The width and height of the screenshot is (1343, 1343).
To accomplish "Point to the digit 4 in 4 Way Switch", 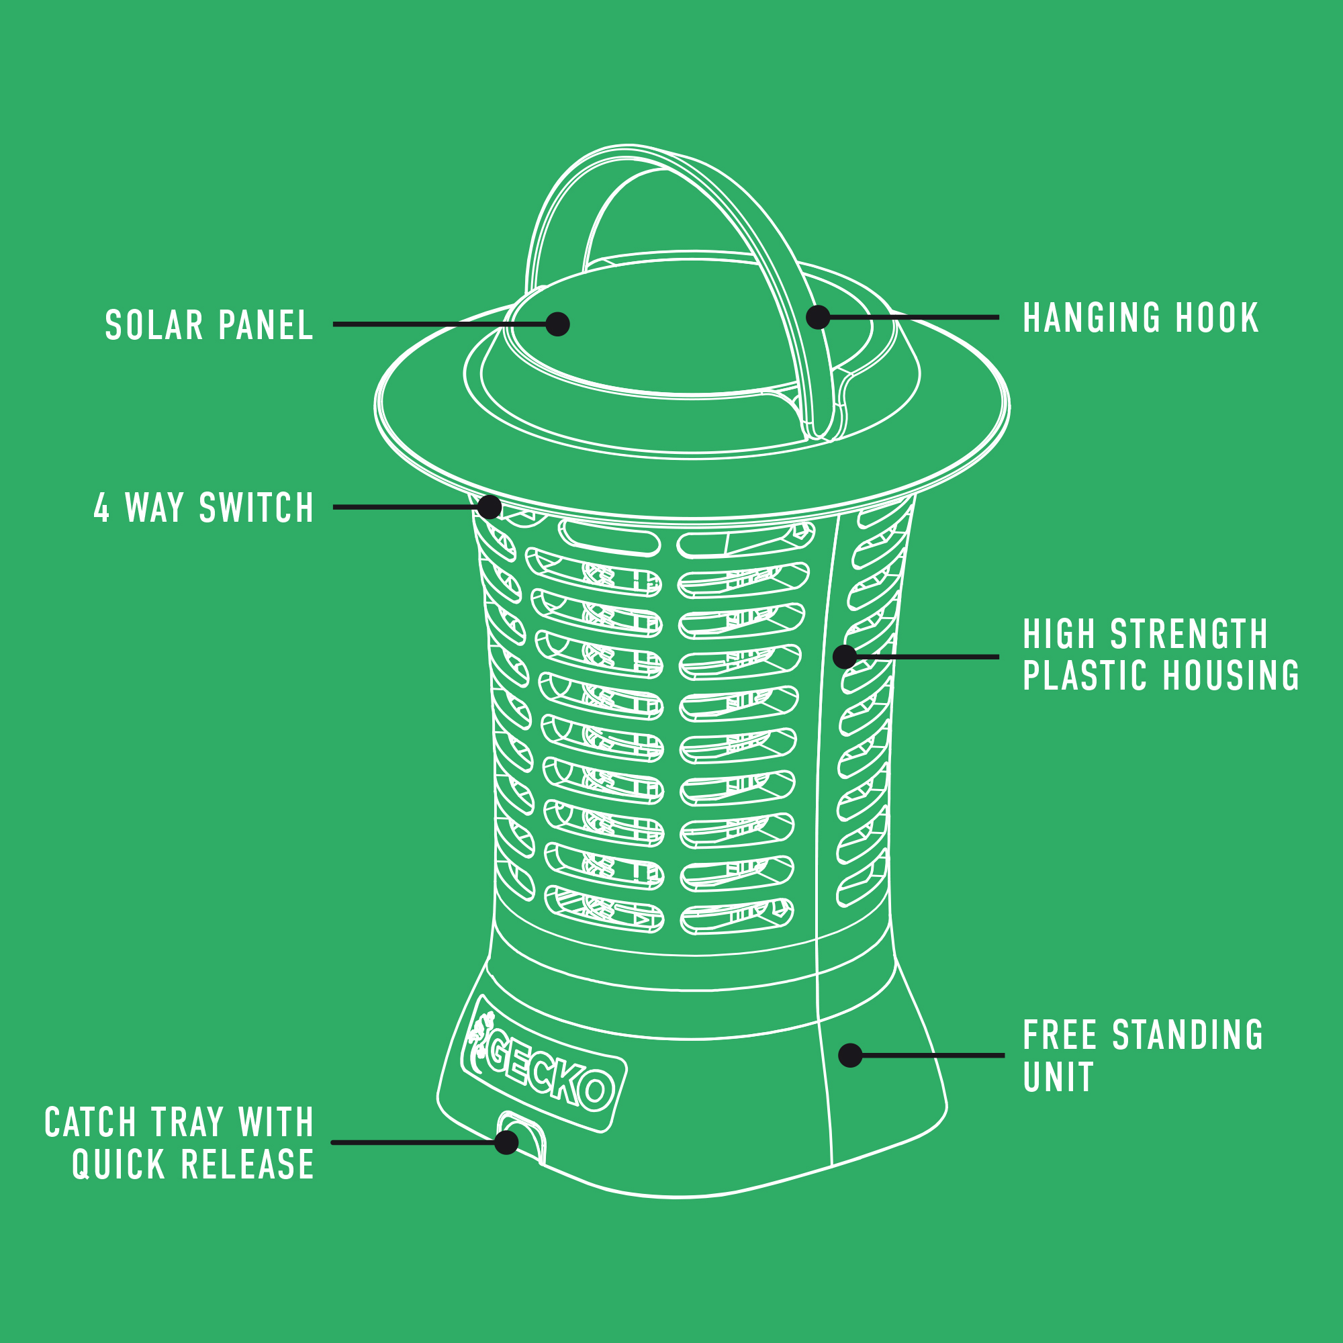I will [101, 508].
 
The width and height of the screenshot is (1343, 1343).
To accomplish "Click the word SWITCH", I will [257, 508].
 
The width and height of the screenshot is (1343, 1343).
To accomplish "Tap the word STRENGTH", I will [1189, 635].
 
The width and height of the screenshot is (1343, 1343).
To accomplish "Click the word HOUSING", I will [1231, 676].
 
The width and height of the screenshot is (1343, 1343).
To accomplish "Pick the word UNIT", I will [1058, 1078].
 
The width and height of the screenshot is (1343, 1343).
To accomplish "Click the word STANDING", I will [1188, 1035].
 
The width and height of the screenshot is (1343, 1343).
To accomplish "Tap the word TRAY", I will [188, 1123].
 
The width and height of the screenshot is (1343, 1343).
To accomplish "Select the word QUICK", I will [118, 1164].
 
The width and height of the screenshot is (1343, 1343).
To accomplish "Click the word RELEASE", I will [248, 1164].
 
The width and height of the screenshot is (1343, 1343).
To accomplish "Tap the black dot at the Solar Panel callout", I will [557, 324].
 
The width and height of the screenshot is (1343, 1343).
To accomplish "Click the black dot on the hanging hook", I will [818, 317].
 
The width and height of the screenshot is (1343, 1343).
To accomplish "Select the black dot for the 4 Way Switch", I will [490, 507].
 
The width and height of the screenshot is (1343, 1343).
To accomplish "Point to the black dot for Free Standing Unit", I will [850, 1055].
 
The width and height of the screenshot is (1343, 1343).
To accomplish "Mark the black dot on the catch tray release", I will [506, 1142].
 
